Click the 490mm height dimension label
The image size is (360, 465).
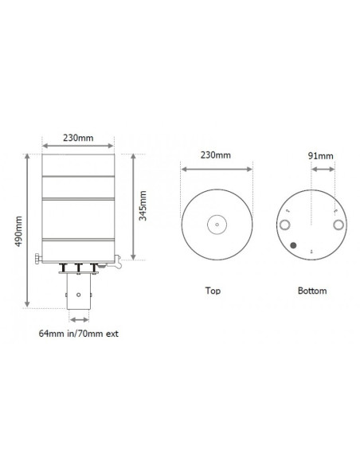(18, 230)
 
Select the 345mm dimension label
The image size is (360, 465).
(143, 206)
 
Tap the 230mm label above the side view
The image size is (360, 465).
(79, 138)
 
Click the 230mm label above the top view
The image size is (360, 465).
(217, 154)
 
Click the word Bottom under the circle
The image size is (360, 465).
(311, 291)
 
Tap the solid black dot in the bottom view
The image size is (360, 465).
(295, 246)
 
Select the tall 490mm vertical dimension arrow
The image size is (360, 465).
(29, 230)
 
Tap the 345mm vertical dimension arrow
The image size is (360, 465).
(133, 206)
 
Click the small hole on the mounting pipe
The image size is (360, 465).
(79, 294)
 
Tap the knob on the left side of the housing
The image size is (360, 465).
(38, 256)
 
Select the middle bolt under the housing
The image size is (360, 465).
(79, 267)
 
